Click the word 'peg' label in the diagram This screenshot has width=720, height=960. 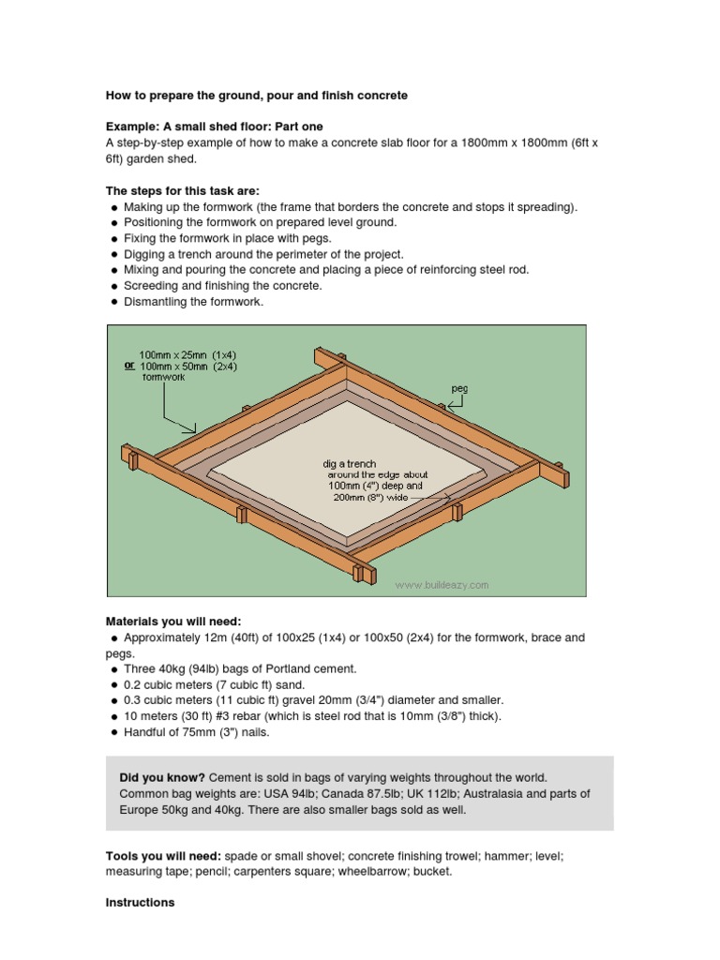coord(457,386)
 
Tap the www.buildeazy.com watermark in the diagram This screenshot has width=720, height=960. coord(442,585)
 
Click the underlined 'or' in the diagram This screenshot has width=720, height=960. coord(129,367)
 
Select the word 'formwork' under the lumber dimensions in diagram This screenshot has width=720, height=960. coord(164,378)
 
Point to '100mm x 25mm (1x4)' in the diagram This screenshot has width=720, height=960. coord(188,355)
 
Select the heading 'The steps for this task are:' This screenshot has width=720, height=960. coord(183,190)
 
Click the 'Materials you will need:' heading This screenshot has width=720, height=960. coord(173,621)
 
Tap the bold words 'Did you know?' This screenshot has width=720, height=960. coord(161,778)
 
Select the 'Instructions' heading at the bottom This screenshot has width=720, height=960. coord(140,903)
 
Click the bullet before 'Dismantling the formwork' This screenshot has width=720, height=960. coord(114,302)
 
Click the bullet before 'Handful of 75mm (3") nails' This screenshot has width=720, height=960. coord(114,732)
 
